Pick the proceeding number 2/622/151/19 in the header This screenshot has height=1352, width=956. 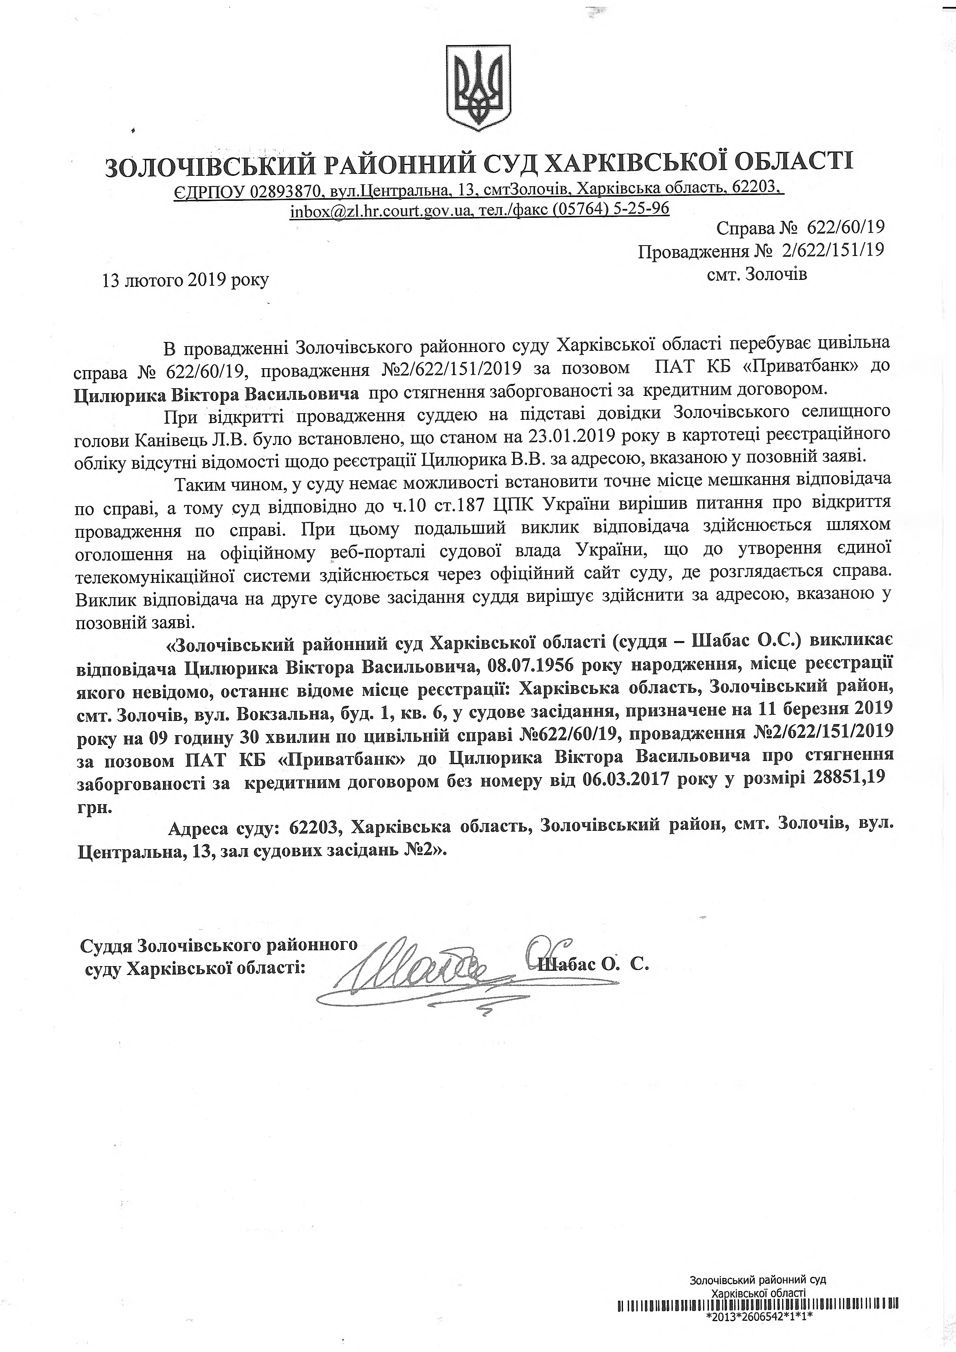click(x=832, y=251)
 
